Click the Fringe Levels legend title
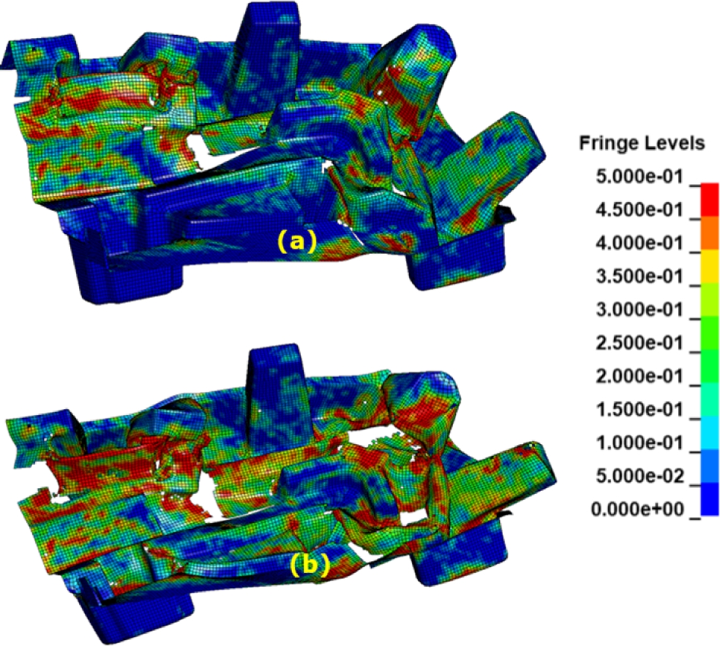(642, 143)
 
